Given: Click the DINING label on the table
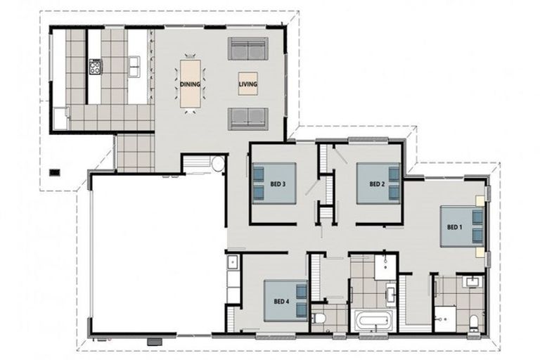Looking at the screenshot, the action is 190,84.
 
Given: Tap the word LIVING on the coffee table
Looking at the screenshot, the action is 248,84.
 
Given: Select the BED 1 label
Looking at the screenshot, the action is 455,227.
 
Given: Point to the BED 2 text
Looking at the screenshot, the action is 377,184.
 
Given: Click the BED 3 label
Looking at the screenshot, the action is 278,184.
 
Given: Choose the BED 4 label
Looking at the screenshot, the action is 281,302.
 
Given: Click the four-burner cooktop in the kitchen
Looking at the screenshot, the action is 96,67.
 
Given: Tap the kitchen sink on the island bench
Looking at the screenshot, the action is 134,66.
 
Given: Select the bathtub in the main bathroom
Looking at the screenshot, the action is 373,321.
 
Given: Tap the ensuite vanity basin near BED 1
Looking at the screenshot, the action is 471,282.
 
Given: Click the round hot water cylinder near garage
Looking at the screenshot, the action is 218,164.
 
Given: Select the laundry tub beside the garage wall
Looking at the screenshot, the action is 233,262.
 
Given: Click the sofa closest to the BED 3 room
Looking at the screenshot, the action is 248,119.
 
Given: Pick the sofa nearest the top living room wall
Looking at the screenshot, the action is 248,49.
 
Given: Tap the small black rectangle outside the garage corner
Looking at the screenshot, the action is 54,172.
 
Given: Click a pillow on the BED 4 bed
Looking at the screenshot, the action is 302,291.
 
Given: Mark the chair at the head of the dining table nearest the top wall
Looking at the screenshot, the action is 190,56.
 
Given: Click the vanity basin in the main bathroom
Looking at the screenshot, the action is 391,294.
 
